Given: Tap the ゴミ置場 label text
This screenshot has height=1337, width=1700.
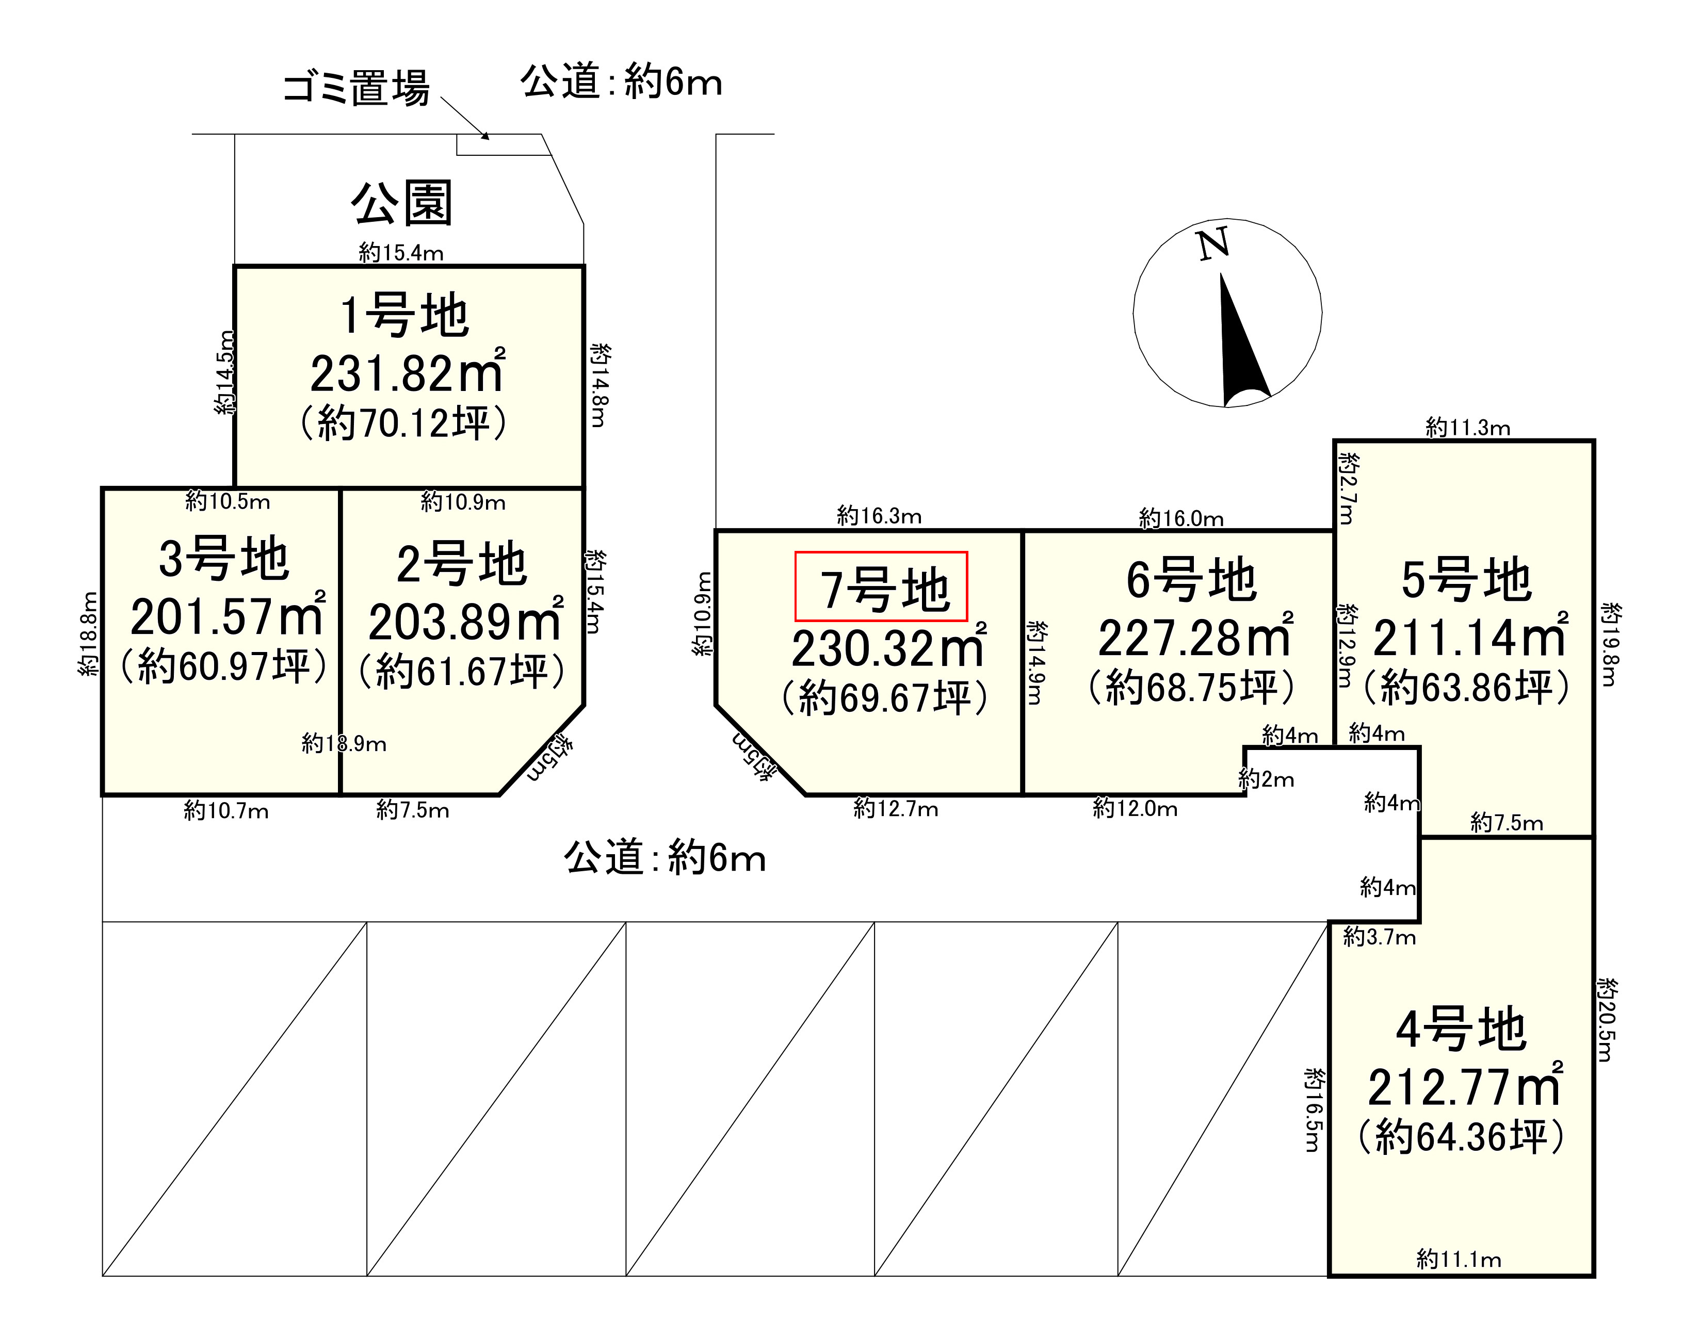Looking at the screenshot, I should coord(357,88).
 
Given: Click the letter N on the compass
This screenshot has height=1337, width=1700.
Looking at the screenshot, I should coord(1213,244).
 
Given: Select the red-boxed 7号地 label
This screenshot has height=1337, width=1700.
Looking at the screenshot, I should coord(882,586).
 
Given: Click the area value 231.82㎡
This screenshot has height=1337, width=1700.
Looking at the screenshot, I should coord(407,373).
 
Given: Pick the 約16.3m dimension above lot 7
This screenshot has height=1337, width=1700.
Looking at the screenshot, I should coord(879,516).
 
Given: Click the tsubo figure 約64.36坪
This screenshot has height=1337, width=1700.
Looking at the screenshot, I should coord(1461,1137).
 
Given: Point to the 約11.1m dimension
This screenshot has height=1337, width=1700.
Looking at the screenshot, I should coord(1459,1260).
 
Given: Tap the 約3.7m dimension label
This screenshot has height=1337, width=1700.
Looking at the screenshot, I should coord(1379,937).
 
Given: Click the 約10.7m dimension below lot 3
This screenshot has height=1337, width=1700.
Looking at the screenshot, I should coord(226,810).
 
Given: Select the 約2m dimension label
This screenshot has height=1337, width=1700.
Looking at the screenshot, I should coord(1266,779).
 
